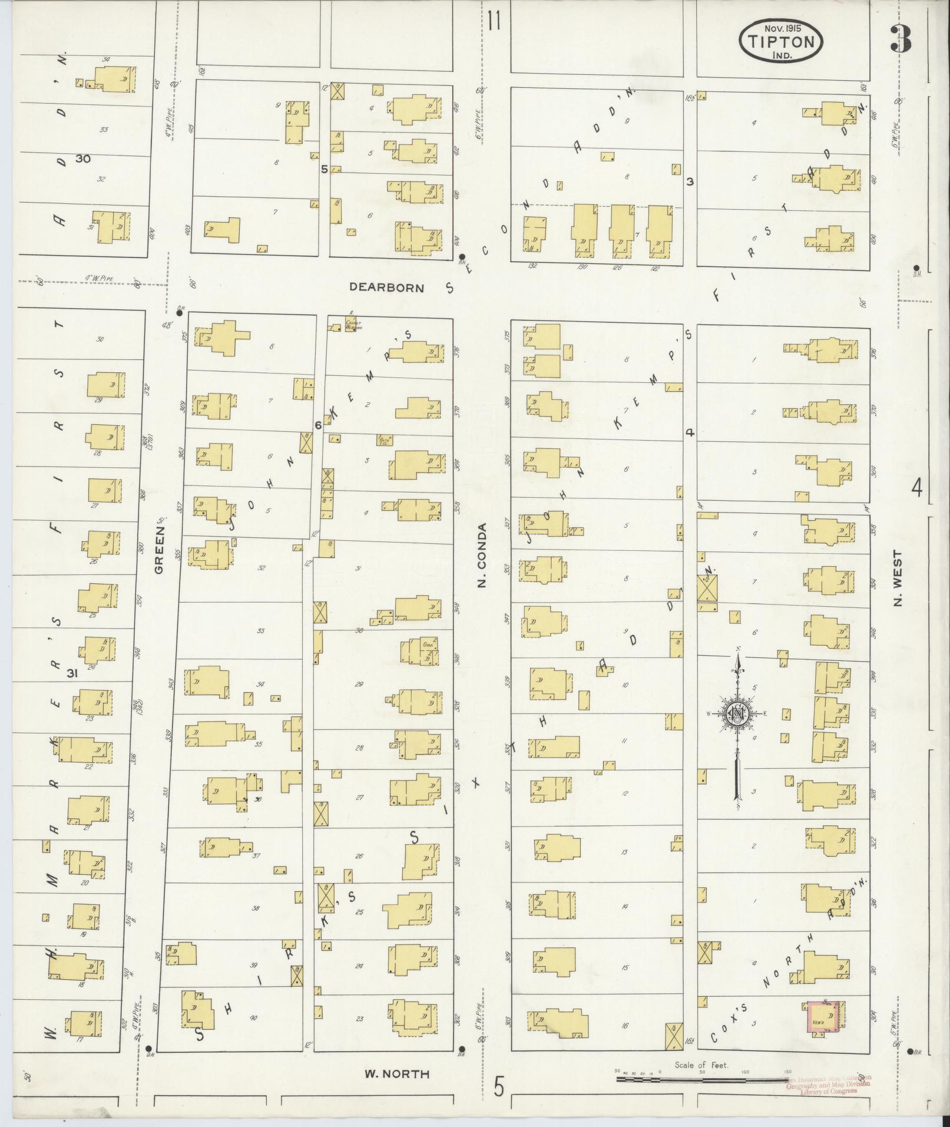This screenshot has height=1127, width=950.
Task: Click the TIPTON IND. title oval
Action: (780, 41)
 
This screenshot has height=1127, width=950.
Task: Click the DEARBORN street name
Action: (386, 287)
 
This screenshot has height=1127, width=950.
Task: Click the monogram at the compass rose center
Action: (737, 715)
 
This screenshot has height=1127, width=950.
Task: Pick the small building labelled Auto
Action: (385, 439)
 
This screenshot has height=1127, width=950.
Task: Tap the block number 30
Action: (83, 158)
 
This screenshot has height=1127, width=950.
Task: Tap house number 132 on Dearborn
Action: (532, 266)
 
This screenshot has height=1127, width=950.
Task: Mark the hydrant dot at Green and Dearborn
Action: (180, 313)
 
